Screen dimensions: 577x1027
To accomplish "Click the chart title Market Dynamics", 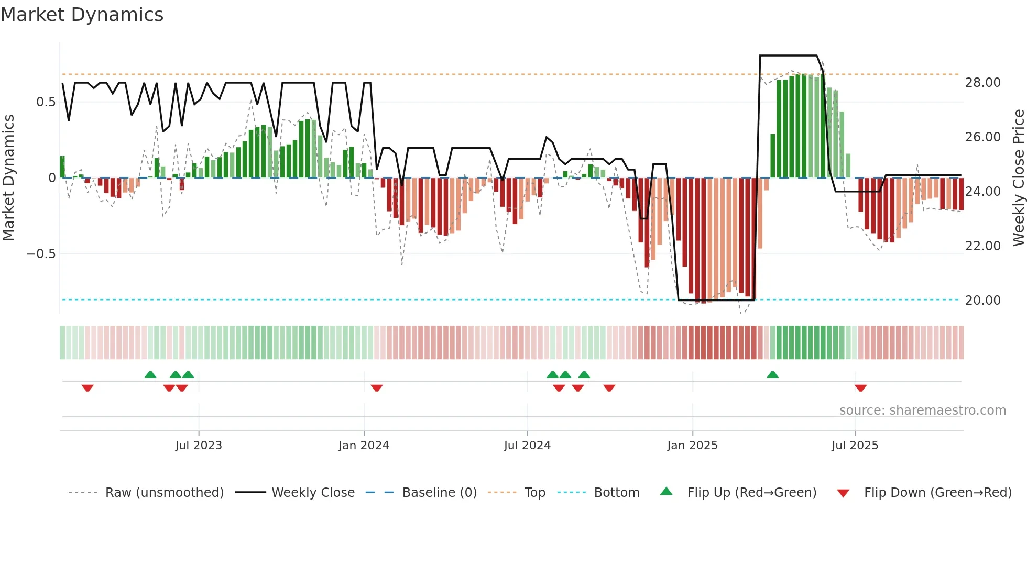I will click(82, 15).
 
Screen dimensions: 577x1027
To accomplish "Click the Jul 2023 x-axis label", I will click(199, 446).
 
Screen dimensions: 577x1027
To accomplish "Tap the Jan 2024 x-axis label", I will click(364, 446).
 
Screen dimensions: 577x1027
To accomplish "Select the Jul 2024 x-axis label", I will click(527, 446).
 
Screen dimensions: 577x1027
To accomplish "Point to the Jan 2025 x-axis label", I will click(692, 446).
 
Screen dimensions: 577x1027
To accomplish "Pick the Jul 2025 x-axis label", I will click(855, 446).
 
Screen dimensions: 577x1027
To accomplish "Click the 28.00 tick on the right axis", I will click(982, 83).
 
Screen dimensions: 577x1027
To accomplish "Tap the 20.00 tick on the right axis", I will click(982, 301).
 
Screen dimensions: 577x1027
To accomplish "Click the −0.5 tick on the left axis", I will click(41, 254).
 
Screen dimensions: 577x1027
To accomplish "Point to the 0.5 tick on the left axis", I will click(46, 102).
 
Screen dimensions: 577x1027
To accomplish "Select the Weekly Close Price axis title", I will click(1018, 178).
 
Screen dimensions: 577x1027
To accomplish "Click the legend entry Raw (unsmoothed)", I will click(164, 493).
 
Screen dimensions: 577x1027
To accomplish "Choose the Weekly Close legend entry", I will click(313, 493).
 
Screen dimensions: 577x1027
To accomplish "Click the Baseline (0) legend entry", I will click(439, 493).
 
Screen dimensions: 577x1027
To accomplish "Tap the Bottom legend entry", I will click(616, 493).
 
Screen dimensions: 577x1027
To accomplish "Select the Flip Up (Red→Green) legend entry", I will click(751, 493).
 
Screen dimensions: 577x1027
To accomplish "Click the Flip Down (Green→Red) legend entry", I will click(937, 493).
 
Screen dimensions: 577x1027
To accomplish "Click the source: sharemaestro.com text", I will click(922, 410).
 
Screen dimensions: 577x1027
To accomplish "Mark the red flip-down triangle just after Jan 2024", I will click(377, 388).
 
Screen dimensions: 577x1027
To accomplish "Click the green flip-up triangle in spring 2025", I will click(772, 374).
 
